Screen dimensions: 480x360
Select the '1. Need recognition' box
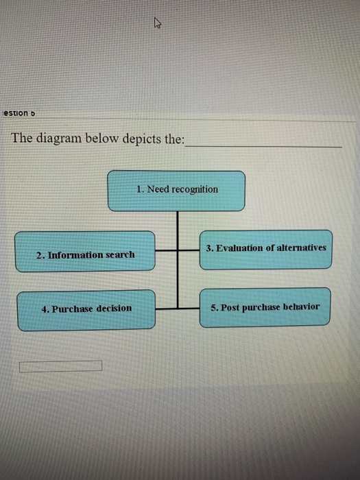(176, 191)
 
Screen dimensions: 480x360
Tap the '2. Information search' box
(86, 252)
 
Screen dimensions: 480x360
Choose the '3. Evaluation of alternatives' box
(267, 249)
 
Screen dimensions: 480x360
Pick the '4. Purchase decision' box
(86, 310)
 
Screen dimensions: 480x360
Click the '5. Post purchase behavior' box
(265, 308)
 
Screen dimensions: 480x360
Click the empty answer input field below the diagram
(61, 366)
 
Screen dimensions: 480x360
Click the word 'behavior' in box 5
(300, 307)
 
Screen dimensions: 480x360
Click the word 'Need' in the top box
(157, 189)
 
